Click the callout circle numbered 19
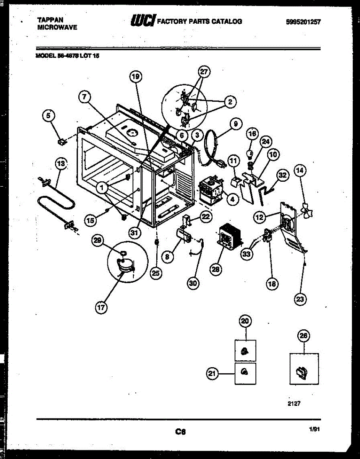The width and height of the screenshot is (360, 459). point(135,77)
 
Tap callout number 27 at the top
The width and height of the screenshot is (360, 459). point(204,72)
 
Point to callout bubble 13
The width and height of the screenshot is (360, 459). point(60,164)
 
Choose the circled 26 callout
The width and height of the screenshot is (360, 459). point(303,336)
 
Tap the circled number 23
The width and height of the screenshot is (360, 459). point(300,299)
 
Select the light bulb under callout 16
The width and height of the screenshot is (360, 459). point(250,154)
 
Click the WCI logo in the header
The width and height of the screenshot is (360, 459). point(143,21)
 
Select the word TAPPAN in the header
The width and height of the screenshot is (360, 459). point(51,20)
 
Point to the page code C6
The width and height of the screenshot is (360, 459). point(180,432)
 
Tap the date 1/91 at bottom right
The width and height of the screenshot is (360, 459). point(314,430)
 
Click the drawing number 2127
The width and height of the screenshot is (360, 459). point(289,403)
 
